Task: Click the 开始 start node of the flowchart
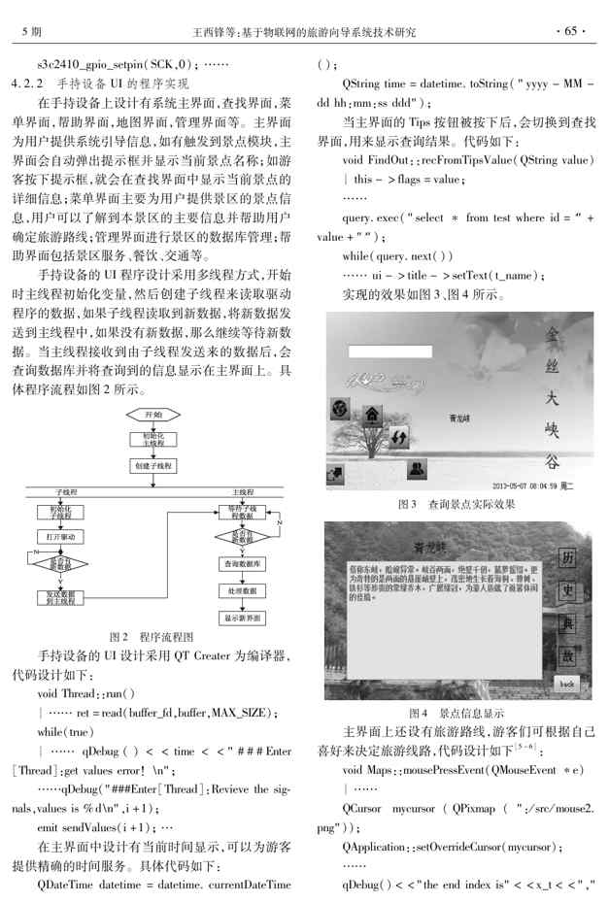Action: coord(153,415)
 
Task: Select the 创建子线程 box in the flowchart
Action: coord(153,466)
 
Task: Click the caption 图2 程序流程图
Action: coord(153,637)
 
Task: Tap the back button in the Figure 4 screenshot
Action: coord(565,683)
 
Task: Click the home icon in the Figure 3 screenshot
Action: coord(371,416)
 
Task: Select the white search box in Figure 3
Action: coord(384,352)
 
